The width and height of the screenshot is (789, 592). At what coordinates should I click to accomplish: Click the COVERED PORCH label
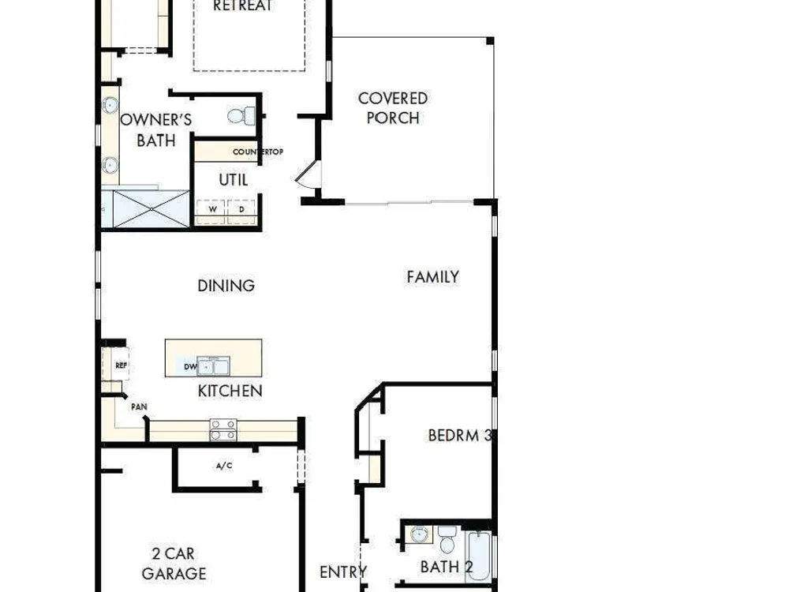tap(393, 107)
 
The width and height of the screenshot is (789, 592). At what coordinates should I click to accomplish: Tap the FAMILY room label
tap(432, 277)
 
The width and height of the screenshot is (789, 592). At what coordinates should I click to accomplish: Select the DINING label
tap(226, 286)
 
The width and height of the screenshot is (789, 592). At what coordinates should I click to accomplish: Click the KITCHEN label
tap(230, 391)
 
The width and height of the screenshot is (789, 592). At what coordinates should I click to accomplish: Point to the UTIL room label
tap(234, 180)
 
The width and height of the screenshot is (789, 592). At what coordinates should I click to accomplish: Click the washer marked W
tap(211, 209)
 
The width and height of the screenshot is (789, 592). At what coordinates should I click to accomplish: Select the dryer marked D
tap(242, 209)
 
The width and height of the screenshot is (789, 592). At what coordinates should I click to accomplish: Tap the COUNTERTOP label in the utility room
tap(258, 152)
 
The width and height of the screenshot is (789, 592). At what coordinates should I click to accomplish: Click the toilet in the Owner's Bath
tap(241, 116)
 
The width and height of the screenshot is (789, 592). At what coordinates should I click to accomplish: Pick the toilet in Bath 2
tap(447, 540)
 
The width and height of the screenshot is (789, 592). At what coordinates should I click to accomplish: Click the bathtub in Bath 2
tap(478, 555)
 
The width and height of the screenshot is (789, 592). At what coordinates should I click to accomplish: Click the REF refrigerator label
tap(122, 365)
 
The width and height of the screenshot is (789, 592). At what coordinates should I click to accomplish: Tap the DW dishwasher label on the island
tap(189, 366)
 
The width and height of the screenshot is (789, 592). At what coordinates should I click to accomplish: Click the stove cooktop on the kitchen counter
tap(223, 430)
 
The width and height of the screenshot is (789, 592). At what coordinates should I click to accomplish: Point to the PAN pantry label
tap(139, 407)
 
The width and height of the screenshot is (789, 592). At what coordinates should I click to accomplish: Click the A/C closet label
tap(224, 466)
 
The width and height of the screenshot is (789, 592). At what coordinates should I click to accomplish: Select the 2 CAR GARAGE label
tap(174, 564)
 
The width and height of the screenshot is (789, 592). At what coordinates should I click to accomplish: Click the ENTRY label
tap(343, 572)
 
